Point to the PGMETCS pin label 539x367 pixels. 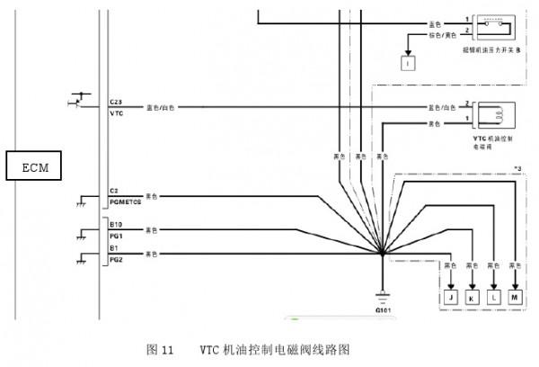tap(125, 201)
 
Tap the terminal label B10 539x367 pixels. tap(115, 223)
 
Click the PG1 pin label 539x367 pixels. tap(115, 234)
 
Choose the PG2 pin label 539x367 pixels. tap(115, 259)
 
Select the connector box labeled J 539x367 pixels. tap(450, 297)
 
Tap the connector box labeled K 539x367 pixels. tap(472, 297)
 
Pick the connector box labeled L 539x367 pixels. tap(492, 297)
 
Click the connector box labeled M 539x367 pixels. tap(514, 297)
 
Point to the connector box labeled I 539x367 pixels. tap(407, 63)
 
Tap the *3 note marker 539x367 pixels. tap(517, 168)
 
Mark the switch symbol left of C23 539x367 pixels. tap(79, 99)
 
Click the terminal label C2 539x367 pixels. tap(113, 191)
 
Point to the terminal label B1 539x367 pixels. tap(113, 248)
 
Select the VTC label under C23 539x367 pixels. tap(115, 113)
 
